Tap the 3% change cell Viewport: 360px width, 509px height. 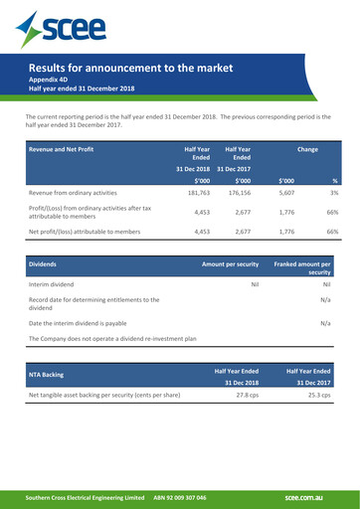(334, 193)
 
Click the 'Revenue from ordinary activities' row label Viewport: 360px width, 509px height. (81, 193)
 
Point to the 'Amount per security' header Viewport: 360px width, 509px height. (230, 265)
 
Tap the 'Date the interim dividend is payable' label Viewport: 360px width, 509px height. (91, 323)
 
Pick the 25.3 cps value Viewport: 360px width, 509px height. (318, 395)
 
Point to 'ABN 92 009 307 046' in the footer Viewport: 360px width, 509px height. (180, 496)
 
